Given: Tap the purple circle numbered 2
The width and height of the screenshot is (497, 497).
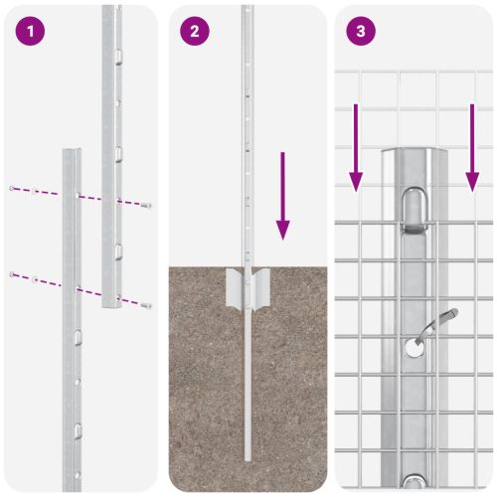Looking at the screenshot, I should (x=195, y=31).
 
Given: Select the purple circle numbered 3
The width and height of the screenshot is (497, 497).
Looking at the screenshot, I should (x=360, y=31).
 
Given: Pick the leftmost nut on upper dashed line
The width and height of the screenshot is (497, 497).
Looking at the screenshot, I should (x=11, y=188).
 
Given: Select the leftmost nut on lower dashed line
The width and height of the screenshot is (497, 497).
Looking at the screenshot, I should (x=11, y=272).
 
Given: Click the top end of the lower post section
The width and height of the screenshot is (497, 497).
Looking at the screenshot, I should (x=73, y=152).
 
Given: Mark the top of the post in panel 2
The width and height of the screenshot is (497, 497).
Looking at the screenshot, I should (x=245, y=7).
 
